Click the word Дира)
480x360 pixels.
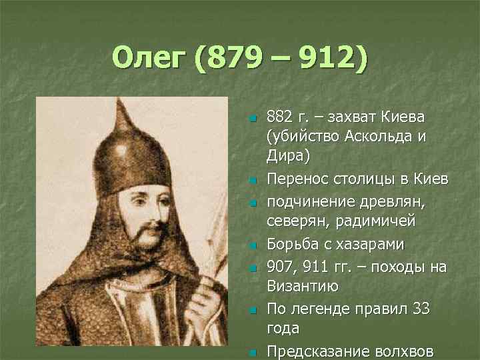point(287,155)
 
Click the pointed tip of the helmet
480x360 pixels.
point(120,99)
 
